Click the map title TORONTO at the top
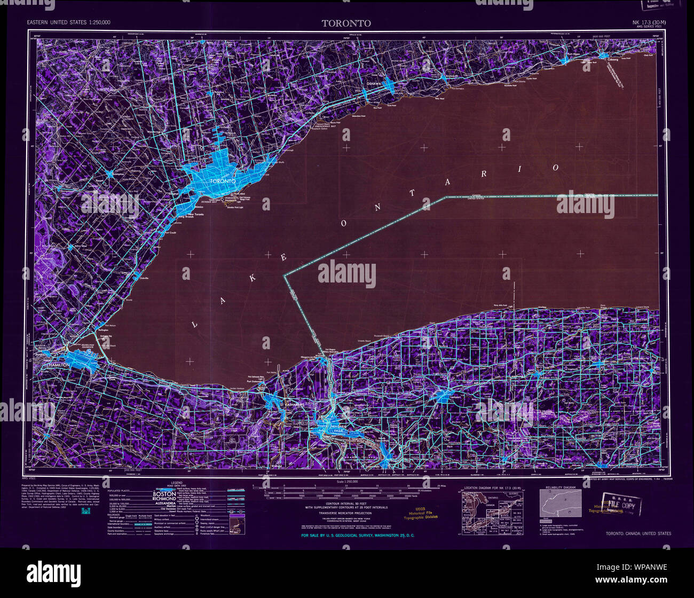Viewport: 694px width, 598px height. coord(346,23)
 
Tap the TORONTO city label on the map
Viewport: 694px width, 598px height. coord(223,181)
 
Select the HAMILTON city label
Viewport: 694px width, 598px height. coord(58,364)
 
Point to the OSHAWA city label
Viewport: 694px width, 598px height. coord(373,84)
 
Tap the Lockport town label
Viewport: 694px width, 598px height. coord(454,398)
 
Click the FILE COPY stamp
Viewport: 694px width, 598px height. coord(621,505)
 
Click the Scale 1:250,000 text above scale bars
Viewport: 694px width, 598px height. coord(346,482)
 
